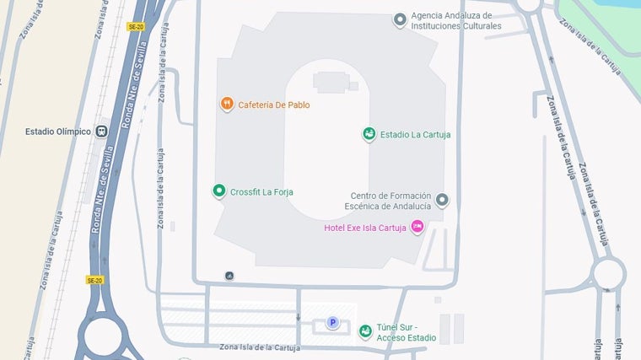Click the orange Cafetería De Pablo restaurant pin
(227, 105)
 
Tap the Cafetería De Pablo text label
(274, 105)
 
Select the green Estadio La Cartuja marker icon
(369, 134)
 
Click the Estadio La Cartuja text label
(415, 134)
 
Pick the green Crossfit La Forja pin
(219, 191)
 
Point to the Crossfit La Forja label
(261, 191)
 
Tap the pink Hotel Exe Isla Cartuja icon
(416, 228)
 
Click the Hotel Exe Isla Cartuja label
(366, 228)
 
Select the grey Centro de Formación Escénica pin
(442, 200)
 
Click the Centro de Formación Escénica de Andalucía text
(391, 201)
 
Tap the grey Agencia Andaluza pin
(400, 19)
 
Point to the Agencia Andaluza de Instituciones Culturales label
(456, 20)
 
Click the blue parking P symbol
(332, 322)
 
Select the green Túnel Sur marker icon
(365, 331)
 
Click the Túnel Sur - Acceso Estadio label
(407, 332)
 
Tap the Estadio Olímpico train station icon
(102, 132)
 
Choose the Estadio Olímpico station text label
(58, 132)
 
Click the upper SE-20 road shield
(135, 27)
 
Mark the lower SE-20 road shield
(94, 280)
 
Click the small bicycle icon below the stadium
(229, 276)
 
